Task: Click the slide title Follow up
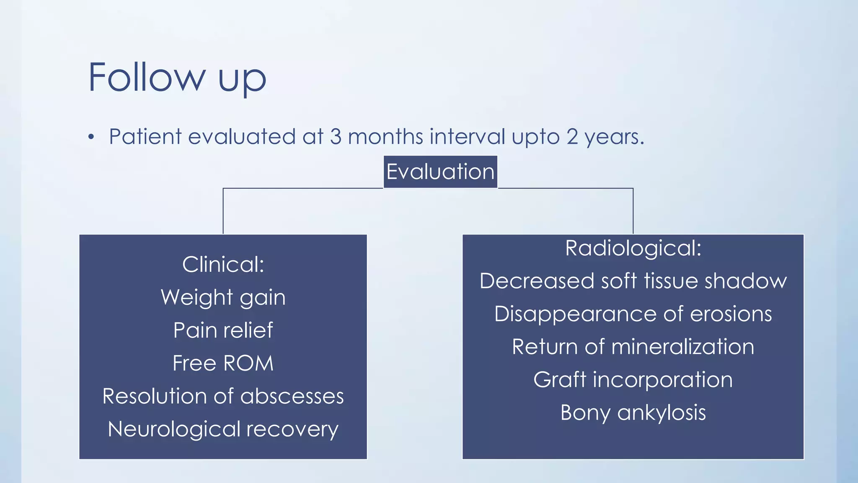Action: coord(177,78)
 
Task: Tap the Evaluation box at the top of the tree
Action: coord(440,172)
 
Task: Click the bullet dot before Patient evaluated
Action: coord(91,137)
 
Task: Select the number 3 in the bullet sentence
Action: coord(336,137)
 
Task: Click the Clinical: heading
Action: coord(223,265)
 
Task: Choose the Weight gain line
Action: coord(223,298)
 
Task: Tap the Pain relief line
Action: coord(223,330)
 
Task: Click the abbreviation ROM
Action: coord(248,363)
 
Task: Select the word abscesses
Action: coord(292,396)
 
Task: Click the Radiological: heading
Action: coord(633,248)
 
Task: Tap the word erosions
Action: coord(731,314)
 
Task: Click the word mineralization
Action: coord(682,347)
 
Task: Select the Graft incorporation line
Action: coord(633,380)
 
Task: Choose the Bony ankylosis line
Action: coord(633,413)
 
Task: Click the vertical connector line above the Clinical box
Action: coord(223,212)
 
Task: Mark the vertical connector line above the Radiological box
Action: coord(633,212)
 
